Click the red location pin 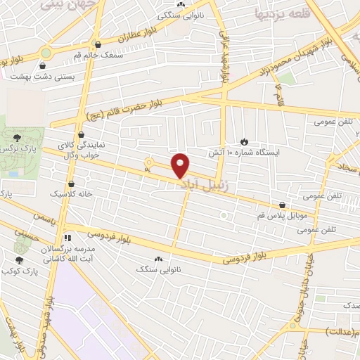[x=181, y=165]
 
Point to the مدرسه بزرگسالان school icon [x=67, y=238]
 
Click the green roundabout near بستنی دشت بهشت [x=46, y=52]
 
